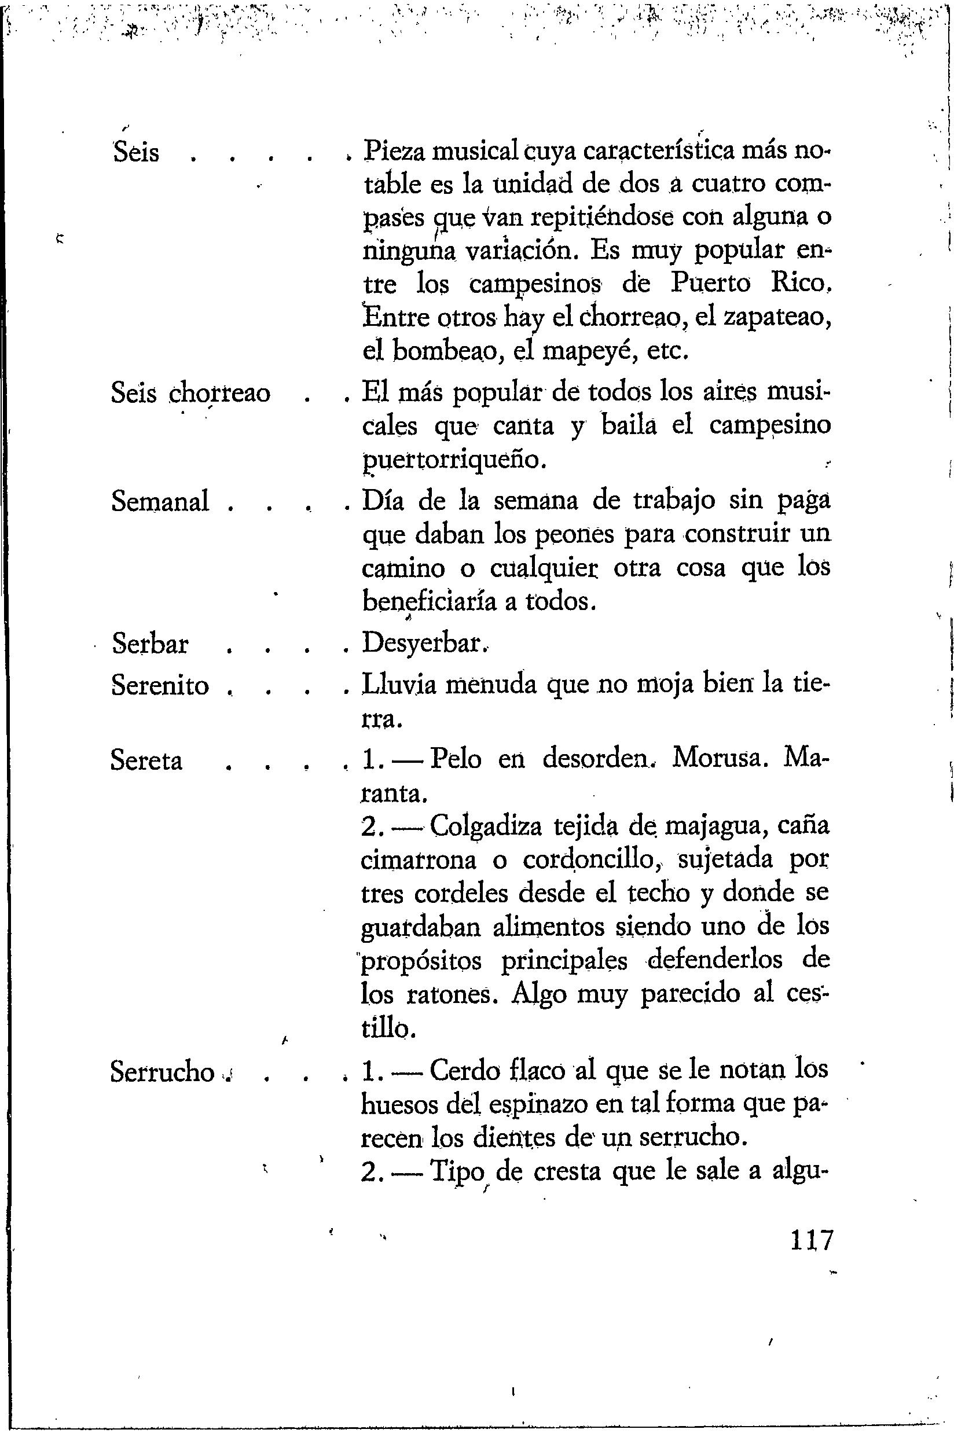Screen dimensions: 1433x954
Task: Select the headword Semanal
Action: coord(160,502)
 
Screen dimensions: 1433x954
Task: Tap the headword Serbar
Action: coord(151,644)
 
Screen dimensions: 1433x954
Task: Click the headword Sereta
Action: coord(146,761)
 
